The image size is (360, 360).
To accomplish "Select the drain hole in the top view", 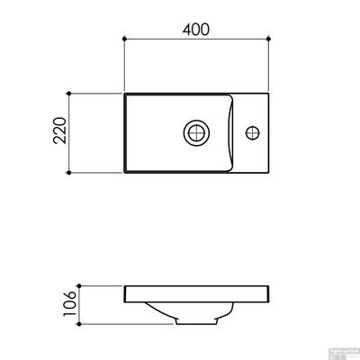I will pos(195,133).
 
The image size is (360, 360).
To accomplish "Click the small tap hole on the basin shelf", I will pos(255,133).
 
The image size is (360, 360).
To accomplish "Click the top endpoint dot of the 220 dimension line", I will pos(67,93).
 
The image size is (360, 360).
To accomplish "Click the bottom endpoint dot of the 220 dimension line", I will pos(67,174).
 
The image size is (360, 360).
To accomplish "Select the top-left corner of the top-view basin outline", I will pos(124,93).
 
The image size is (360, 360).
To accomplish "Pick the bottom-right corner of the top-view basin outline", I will pos(268,173).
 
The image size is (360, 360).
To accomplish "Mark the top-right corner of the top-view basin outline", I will pos(268,93).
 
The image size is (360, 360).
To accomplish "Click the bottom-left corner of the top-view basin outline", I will pos(124,173).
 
